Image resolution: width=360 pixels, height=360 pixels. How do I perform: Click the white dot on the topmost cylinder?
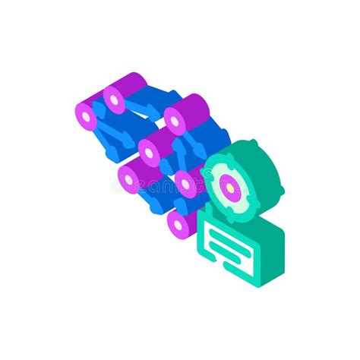[x=116, y=97]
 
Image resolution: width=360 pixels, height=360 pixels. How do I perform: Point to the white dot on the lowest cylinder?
[x=178, y=223]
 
